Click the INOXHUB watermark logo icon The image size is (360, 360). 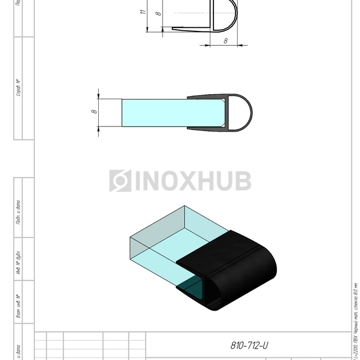(120, 181)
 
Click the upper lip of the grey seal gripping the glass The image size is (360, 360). (206, 97)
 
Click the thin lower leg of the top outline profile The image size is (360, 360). (190, 29)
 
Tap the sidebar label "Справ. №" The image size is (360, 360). (18, 87)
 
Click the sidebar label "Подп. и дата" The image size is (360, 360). (18, 212)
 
